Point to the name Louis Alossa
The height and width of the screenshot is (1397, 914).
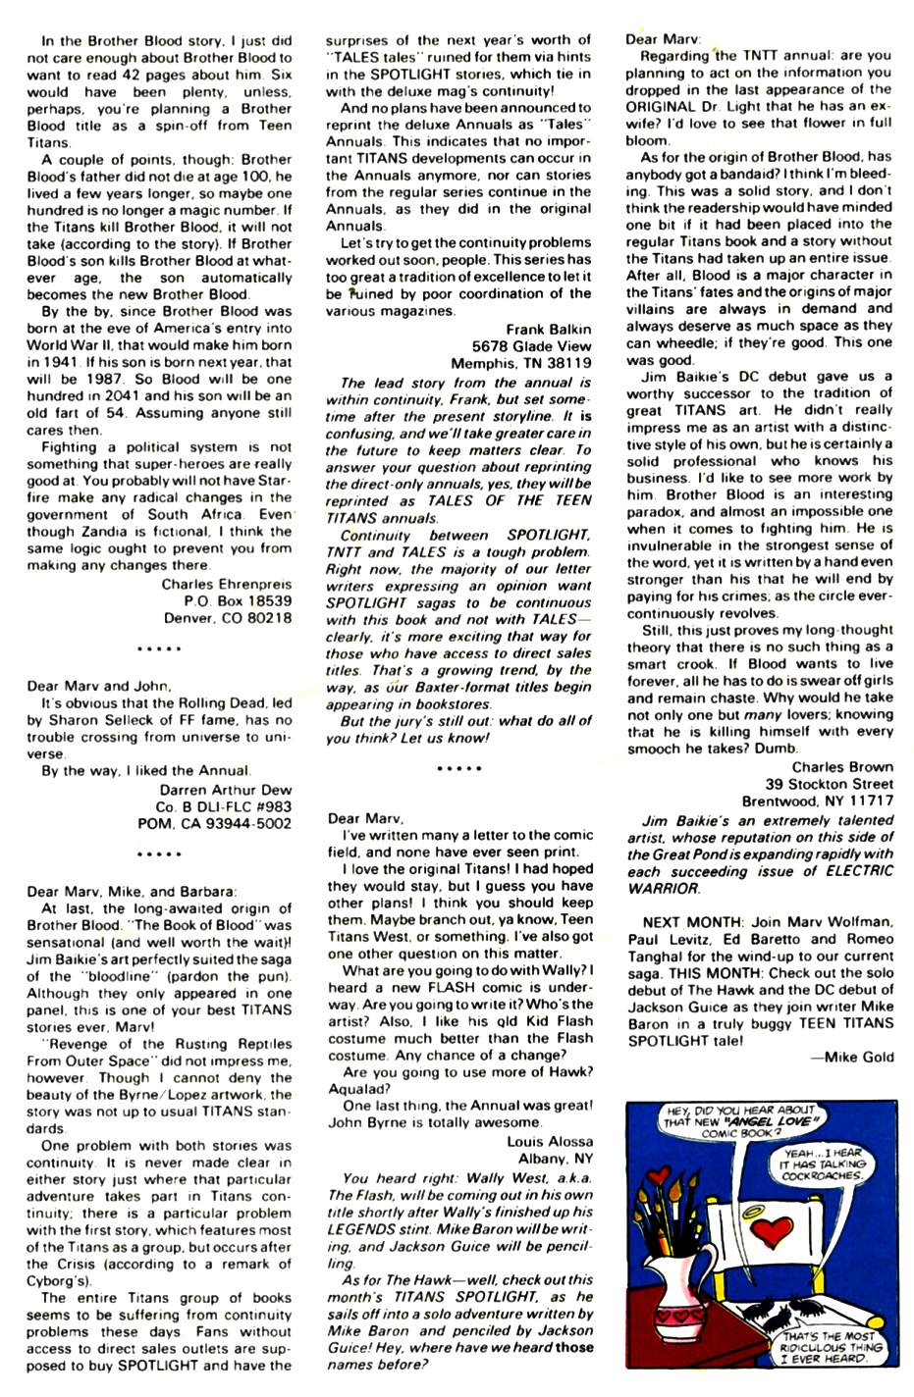tap(549, 1141)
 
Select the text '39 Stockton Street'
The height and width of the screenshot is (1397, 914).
tap(830, 784)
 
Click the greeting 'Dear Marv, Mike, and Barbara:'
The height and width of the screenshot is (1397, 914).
tap(132, 892)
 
